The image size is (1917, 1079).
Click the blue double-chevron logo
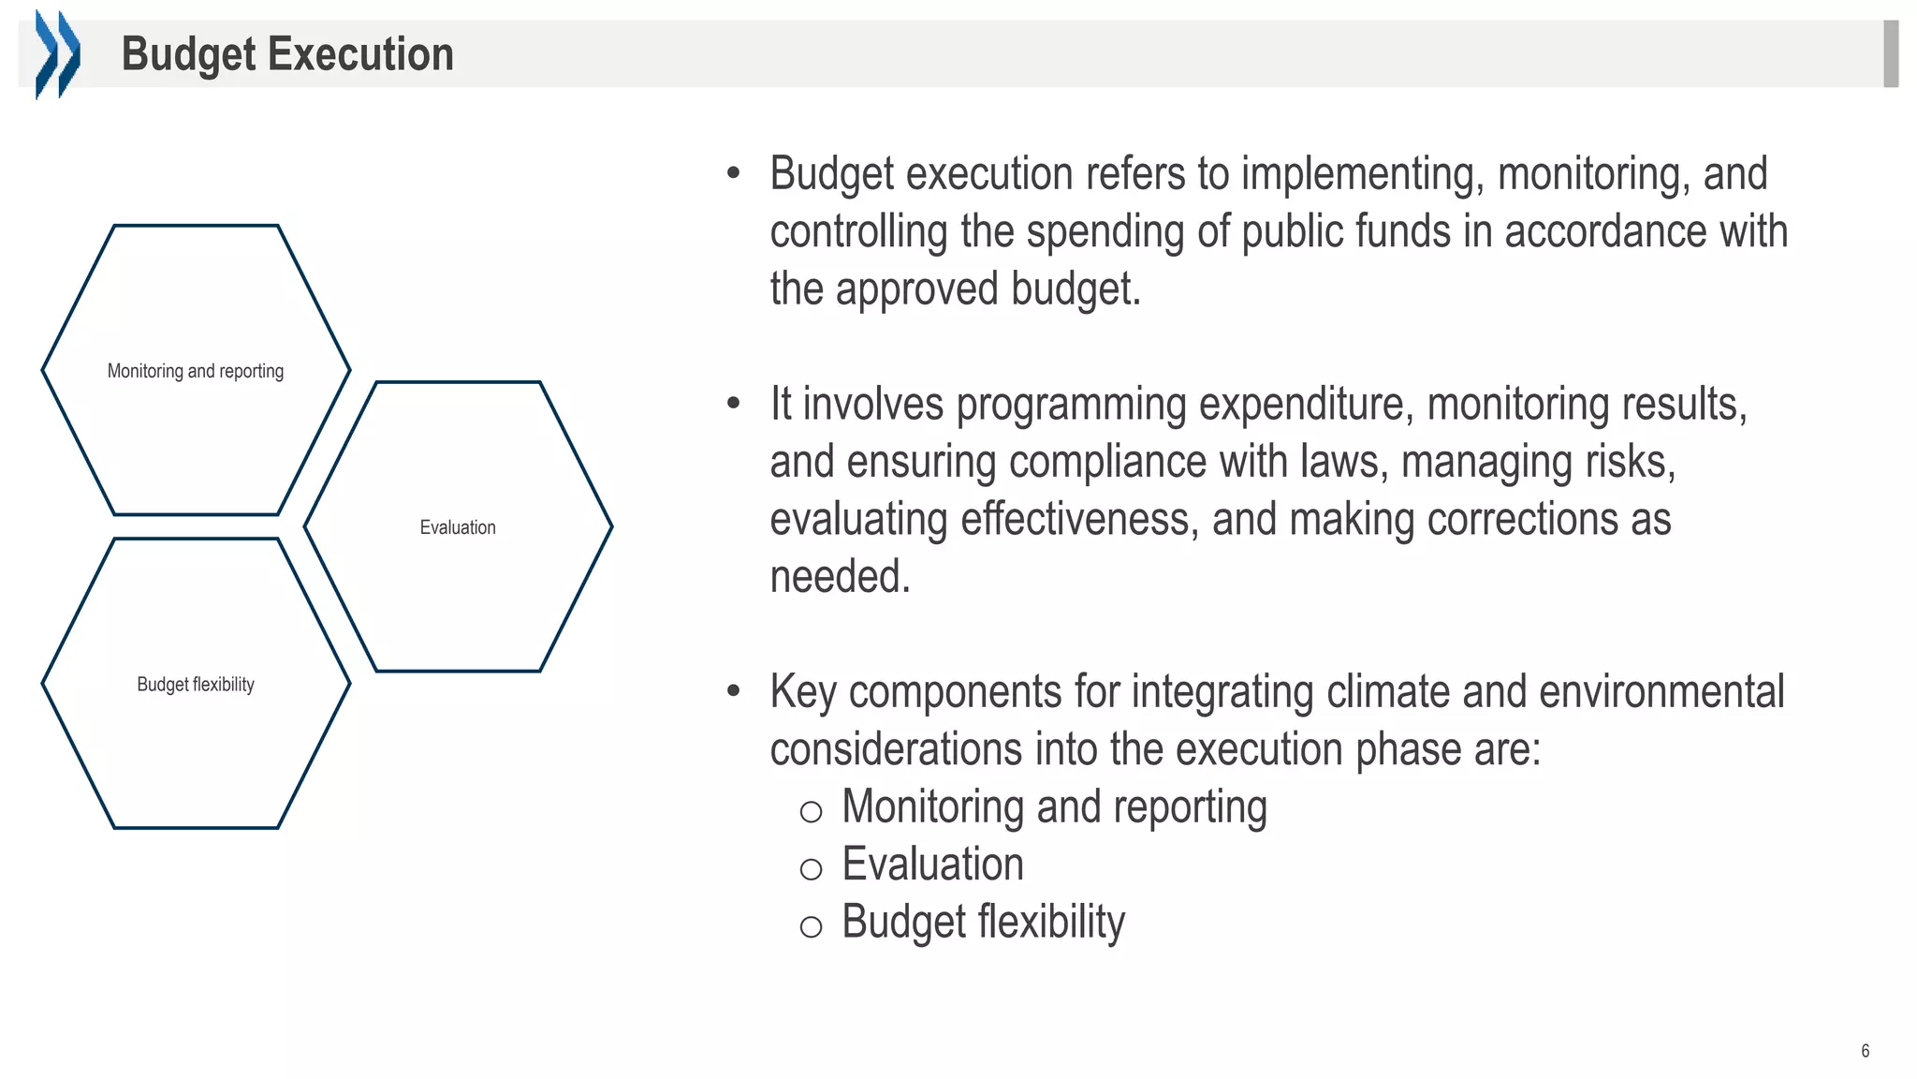point(57,53)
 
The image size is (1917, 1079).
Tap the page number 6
point(1865,1051)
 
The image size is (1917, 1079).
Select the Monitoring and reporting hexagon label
point(196,371)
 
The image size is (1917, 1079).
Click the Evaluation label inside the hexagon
point(458,527)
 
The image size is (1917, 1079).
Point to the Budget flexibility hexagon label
point(196,685)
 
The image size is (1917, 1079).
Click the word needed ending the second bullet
point(839,577)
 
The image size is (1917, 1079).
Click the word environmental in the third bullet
point(1661,693)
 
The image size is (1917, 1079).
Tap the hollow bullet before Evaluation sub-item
point(811,869)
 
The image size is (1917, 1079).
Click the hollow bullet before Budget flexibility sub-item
point(811,927)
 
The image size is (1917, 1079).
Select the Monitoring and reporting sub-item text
point(1054,807)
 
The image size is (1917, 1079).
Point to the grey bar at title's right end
point(1890,53)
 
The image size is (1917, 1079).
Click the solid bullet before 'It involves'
point(734,404)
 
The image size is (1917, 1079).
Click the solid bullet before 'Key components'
point(734,691)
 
